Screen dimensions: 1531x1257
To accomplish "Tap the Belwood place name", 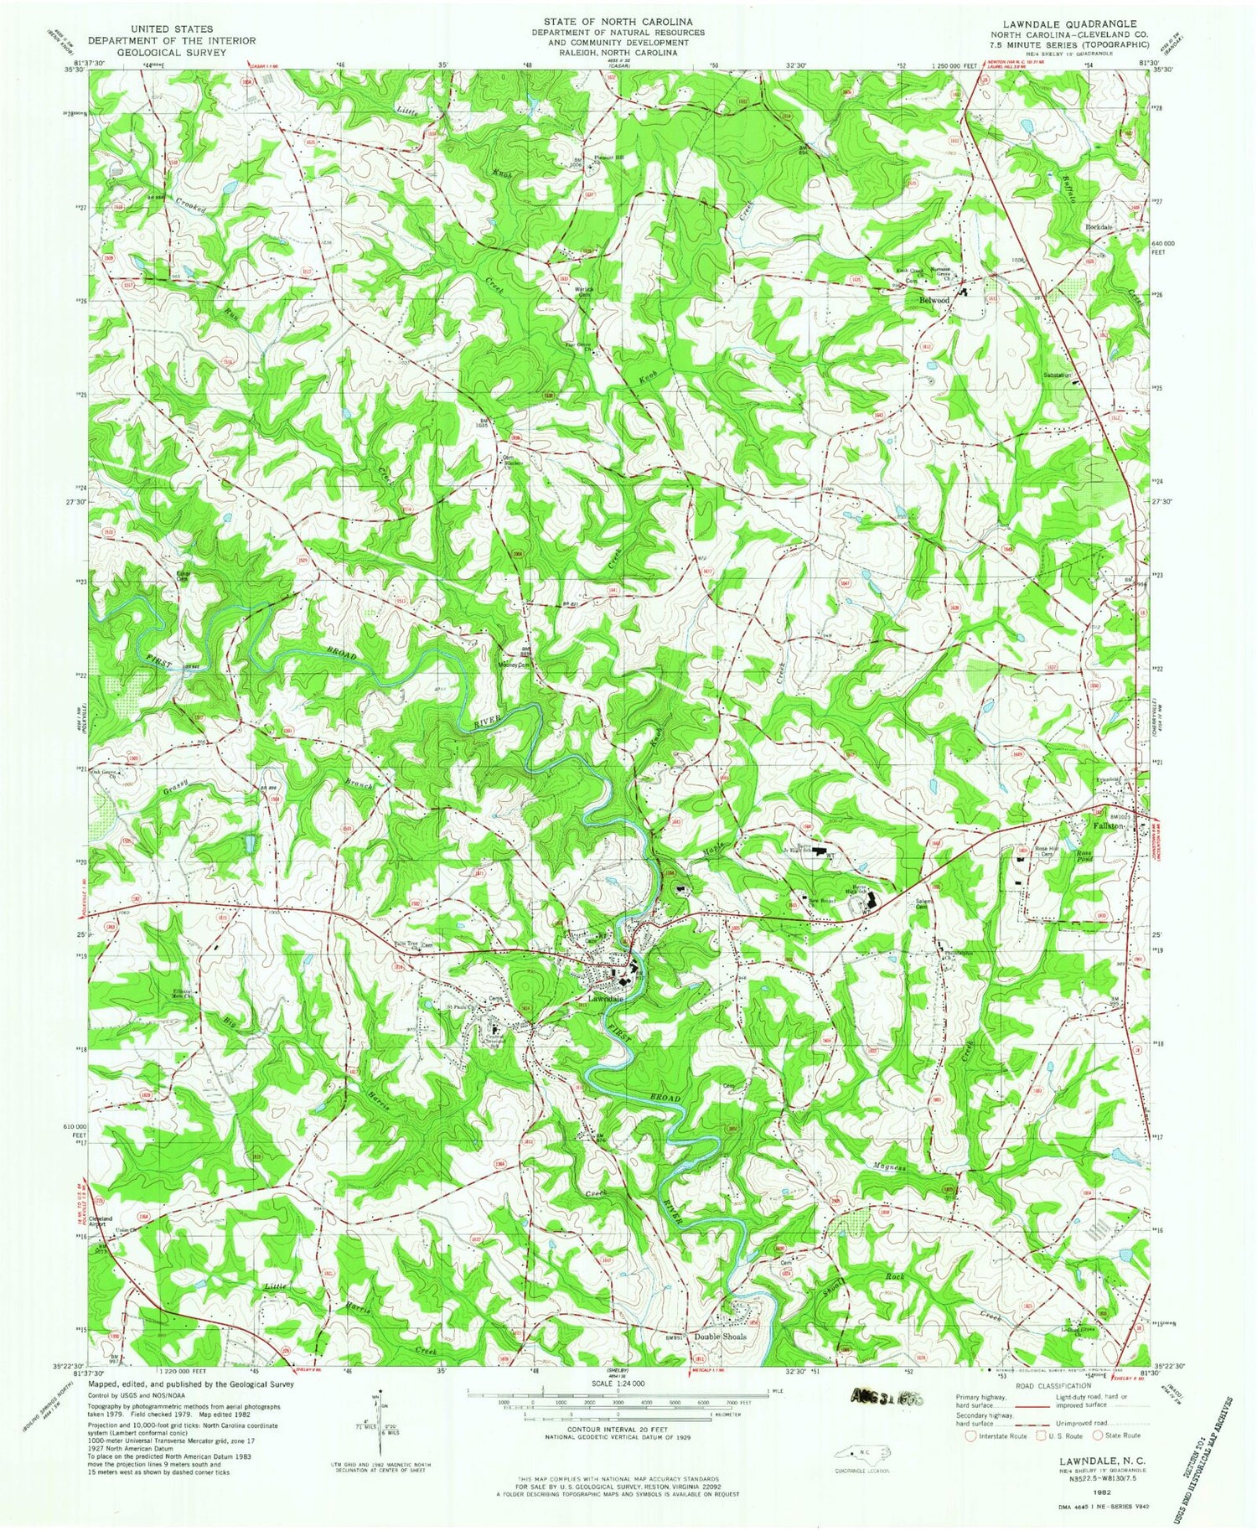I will [934, 299].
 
